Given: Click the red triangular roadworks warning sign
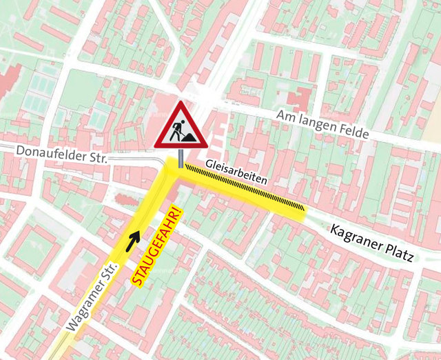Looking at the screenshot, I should [181, 127].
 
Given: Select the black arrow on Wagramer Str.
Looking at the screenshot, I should [133, 239].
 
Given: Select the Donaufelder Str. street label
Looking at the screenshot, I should [54, 153].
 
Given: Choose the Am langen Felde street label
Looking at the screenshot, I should [322, 123].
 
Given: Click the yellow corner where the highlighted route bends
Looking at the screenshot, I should [173, 169].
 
